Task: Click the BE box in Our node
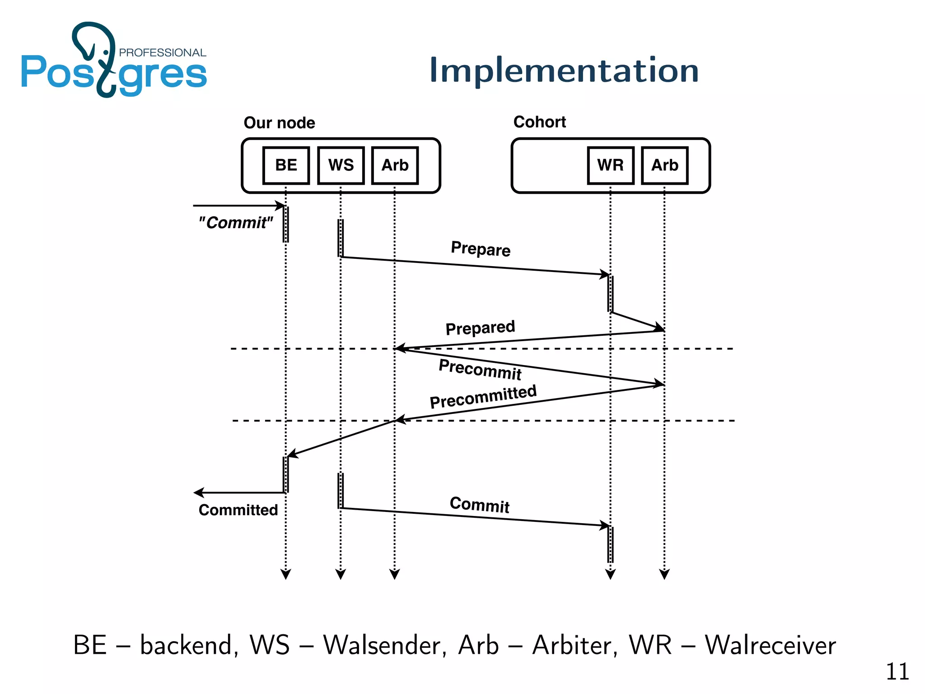tap(286, 165)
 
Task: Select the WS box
tap(341, 165)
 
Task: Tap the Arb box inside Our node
tap(395, 165)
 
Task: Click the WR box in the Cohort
tap(610, 165)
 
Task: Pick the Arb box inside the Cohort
tap(664, 165)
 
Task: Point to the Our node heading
tap(279, 123)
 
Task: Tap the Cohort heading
tap(539, 122)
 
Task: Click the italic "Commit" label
tap(236, 223)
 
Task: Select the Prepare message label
tap(481, 249)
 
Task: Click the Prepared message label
tap(480, 328)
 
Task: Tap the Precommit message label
tap(480, 369)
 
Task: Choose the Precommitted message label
tap(483, 397)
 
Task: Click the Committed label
tap(238, 510)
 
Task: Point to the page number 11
tap(897, 672)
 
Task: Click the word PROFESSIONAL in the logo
tap(162, 53)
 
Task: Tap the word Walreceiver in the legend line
tap(770, 645)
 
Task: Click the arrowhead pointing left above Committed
tap(199, 492)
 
